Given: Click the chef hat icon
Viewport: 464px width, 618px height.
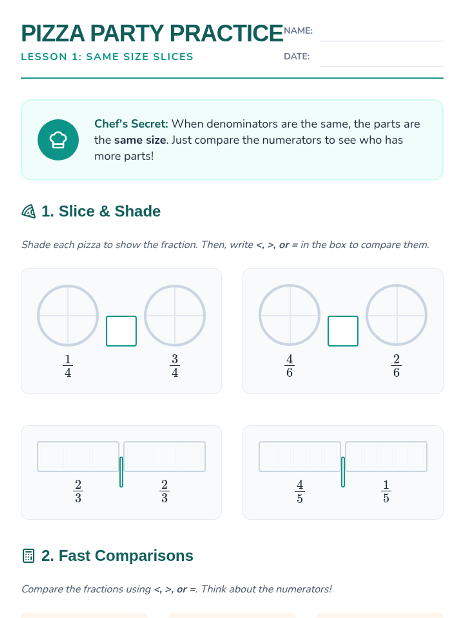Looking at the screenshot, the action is pyautogui.click(x=58, y=140).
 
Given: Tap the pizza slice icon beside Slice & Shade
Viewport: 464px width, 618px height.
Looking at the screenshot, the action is pyautogui.click(x=29, y=211).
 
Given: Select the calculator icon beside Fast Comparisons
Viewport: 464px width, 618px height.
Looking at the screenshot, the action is pyautogui.click(x=29, y=555).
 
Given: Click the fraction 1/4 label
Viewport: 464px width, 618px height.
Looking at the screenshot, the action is pyautogui.click(x=68, y=366).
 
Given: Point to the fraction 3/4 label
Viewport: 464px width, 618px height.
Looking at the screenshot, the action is pyautogui.click(x=175, y=366).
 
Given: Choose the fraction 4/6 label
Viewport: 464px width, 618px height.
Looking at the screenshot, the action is pyautogui.click(x=289, y=366).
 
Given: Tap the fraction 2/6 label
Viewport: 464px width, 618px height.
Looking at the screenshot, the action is pyautogui.click(x=396, y=366).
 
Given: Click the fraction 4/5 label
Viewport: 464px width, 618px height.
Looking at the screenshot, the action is pyautogui.click(x=300, y=491).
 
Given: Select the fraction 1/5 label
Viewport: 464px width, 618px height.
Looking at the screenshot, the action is pyautogui.click(x=386, y=491).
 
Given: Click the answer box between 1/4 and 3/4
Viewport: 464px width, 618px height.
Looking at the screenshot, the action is pyautogui.click(x=121, y=331).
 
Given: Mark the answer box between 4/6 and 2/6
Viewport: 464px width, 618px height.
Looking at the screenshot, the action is pyautogui.click(x=343, y=331).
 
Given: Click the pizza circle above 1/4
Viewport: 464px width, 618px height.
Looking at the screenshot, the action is pyautogui.click(x=38, y=315).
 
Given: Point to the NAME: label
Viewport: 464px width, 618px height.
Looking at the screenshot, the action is pyautogui.click(x=298, y=31).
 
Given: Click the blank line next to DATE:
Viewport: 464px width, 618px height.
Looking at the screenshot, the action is pyautogui.click(x=382, y=67).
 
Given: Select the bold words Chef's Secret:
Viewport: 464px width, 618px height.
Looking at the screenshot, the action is pyautogui.click(x=131, y=124).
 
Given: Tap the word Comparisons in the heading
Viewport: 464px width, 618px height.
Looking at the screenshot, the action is pyautogui.click(x=144, y=555).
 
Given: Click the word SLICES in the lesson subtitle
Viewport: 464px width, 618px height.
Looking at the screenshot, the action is pyautogui.click(x=173, y=57).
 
